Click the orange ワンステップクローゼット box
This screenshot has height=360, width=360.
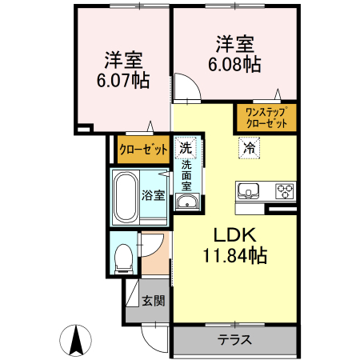coord(266,118)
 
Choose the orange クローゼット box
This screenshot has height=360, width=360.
coord(143,149)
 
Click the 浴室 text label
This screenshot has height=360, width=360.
coord(154,194)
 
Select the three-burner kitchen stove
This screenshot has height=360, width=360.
coord(286,190)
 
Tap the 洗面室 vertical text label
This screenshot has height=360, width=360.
coord(186,174)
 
